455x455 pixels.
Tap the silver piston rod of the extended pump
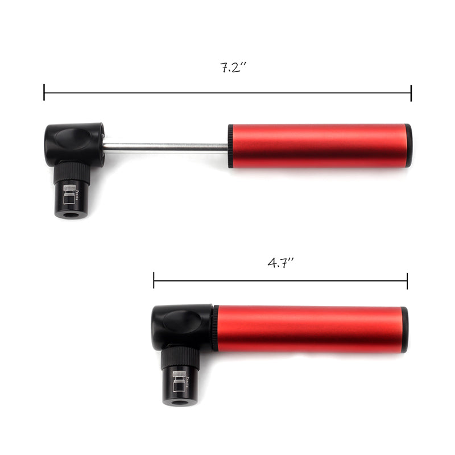point(165,147)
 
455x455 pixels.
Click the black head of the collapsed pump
point(181,325)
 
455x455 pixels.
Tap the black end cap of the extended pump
point(409,146)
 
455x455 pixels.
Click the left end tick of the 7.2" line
point(44,92)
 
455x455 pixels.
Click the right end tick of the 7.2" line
point(411,92)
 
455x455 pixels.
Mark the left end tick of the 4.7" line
point(154,280)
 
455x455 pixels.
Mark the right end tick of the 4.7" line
point(407,280)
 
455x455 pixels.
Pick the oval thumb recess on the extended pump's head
point(74,138)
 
